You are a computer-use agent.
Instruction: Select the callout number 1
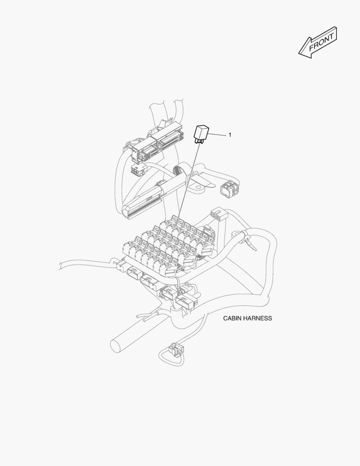coord(230,135)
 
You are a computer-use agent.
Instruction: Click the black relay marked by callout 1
coord(202,131)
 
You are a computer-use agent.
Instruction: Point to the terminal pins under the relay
coord(200,140)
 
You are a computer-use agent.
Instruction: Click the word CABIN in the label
coord(233,318)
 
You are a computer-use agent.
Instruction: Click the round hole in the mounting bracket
coord(199,187)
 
